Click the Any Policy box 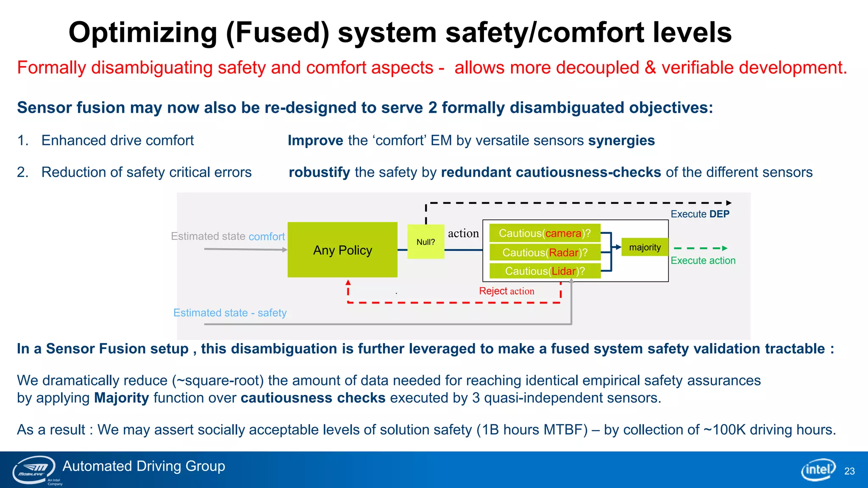(342, 250)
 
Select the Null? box (426, 242)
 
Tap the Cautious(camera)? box (545, 233)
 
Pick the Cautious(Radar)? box (545, 252)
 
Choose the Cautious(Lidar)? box (545, 271)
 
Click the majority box (645, 247)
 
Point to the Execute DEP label (700, 214)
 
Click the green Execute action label (703, 261)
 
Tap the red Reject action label (506, 291)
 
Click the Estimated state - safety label (230, 313)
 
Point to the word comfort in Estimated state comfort (267, 236)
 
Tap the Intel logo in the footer (818, 470)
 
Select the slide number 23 (849, 471)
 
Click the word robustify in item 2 (319, 172)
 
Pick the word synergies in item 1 (621, 141)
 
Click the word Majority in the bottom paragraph (121, 398)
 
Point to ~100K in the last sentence (724, 430)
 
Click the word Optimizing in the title (143, 33)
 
